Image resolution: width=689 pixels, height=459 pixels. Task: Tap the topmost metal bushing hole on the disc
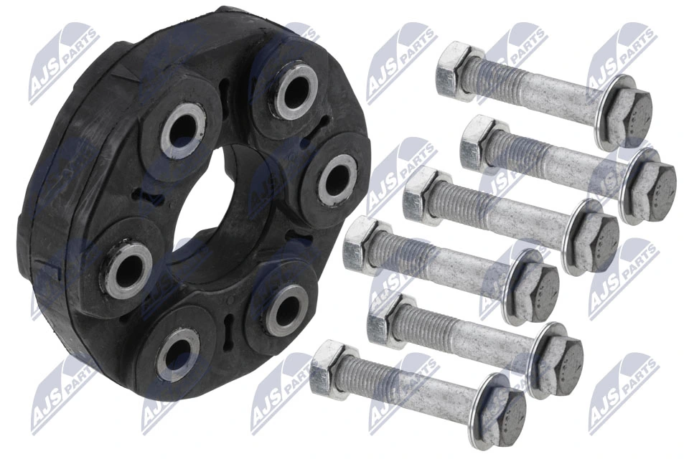295,91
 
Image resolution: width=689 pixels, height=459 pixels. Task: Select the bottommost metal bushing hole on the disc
175,354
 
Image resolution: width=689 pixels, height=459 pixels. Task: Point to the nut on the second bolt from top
479,142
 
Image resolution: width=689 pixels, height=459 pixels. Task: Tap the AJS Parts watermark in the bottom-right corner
623,394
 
